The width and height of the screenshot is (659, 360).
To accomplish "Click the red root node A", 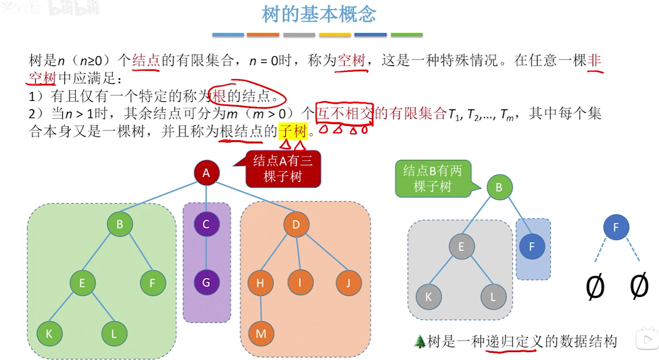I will [206, 173].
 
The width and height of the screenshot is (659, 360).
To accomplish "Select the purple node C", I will [206, 224].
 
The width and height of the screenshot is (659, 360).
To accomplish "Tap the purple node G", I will [206, 282].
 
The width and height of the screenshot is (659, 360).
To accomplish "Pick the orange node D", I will [296, 224].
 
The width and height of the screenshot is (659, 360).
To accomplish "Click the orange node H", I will [260, 283].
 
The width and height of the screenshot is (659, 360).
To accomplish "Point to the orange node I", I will [300, 282].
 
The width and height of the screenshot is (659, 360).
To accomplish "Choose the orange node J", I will [348, 283].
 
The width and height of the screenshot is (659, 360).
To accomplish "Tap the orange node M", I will [261, 333].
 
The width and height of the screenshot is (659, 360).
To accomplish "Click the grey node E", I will [461, 247].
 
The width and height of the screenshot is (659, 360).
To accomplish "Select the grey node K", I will [428, 297].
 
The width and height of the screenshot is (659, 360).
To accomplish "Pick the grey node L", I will [493, 297].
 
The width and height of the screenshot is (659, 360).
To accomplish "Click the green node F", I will [152, 283].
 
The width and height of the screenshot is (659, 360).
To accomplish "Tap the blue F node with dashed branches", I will [616, 227].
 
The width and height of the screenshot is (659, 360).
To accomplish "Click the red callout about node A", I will [283, 169].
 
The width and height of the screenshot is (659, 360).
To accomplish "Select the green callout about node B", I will [432, 178].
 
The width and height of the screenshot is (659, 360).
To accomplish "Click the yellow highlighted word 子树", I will [293, 131].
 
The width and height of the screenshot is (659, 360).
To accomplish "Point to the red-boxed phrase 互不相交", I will [344, 114].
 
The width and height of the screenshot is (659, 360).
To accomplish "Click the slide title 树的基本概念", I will [319, 15].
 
